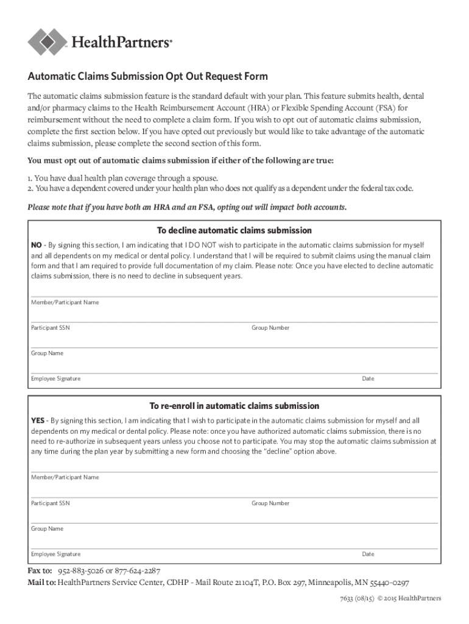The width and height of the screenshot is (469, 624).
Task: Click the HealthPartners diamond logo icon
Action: (x=48, y=41)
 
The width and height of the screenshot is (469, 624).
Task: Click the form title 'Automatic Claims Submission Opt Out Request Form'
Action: (x=147, y=77)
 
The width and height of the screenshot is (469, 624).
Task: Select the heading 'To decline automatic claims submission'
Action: (x=234, y=230)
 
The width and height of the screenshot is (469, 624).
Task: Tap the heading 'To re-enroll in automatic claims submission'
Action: (x=234, y=406)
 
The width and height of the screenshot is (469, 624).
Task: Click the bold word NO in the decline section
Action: (x=37, y=245)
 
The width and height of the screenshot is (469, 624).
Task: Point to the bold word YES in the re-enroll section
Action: (x=38, y=420)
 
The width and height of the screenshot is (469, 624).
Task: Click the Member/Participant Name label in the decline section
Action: (x=65, y=302)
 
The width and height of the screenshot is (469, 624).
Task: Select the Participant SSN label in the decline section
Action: (x=51, y=328)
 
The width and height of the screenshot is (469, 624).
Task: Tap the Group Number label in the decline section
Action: (x=270, y=328)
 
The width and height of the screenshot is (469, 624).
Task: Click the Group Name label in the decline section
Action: (x=47, y=353)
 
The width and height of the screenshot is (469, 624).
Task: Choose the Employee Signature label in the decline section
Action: (x=55, y=379)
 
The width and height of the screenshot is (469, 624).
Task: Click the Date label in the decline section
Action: (x=368, y=379)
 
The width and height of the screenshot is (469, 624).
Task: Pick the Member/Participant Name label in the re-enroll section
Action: (x=65, y=477)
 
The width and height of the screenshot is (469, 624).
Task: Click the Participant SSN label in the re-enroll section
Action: (x=51, y=503)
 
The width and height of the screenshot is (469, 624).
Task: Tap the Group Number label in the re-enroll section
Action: (x=270, y=503)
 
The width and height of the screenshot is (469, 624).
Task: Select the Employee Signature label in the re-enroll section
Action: (x=55, y=555)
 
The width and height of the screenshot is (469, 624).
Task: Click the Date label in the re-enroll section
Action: (x=368, y=555)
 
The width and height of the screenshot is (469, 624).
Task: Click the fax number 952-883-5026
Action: (x=80, y=571)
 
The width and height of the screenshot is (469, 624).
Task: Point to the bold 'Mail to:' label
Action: (x=41, y=583)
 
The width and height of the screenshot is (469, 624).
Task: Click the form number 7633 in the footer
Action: (x=348, y=598)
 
